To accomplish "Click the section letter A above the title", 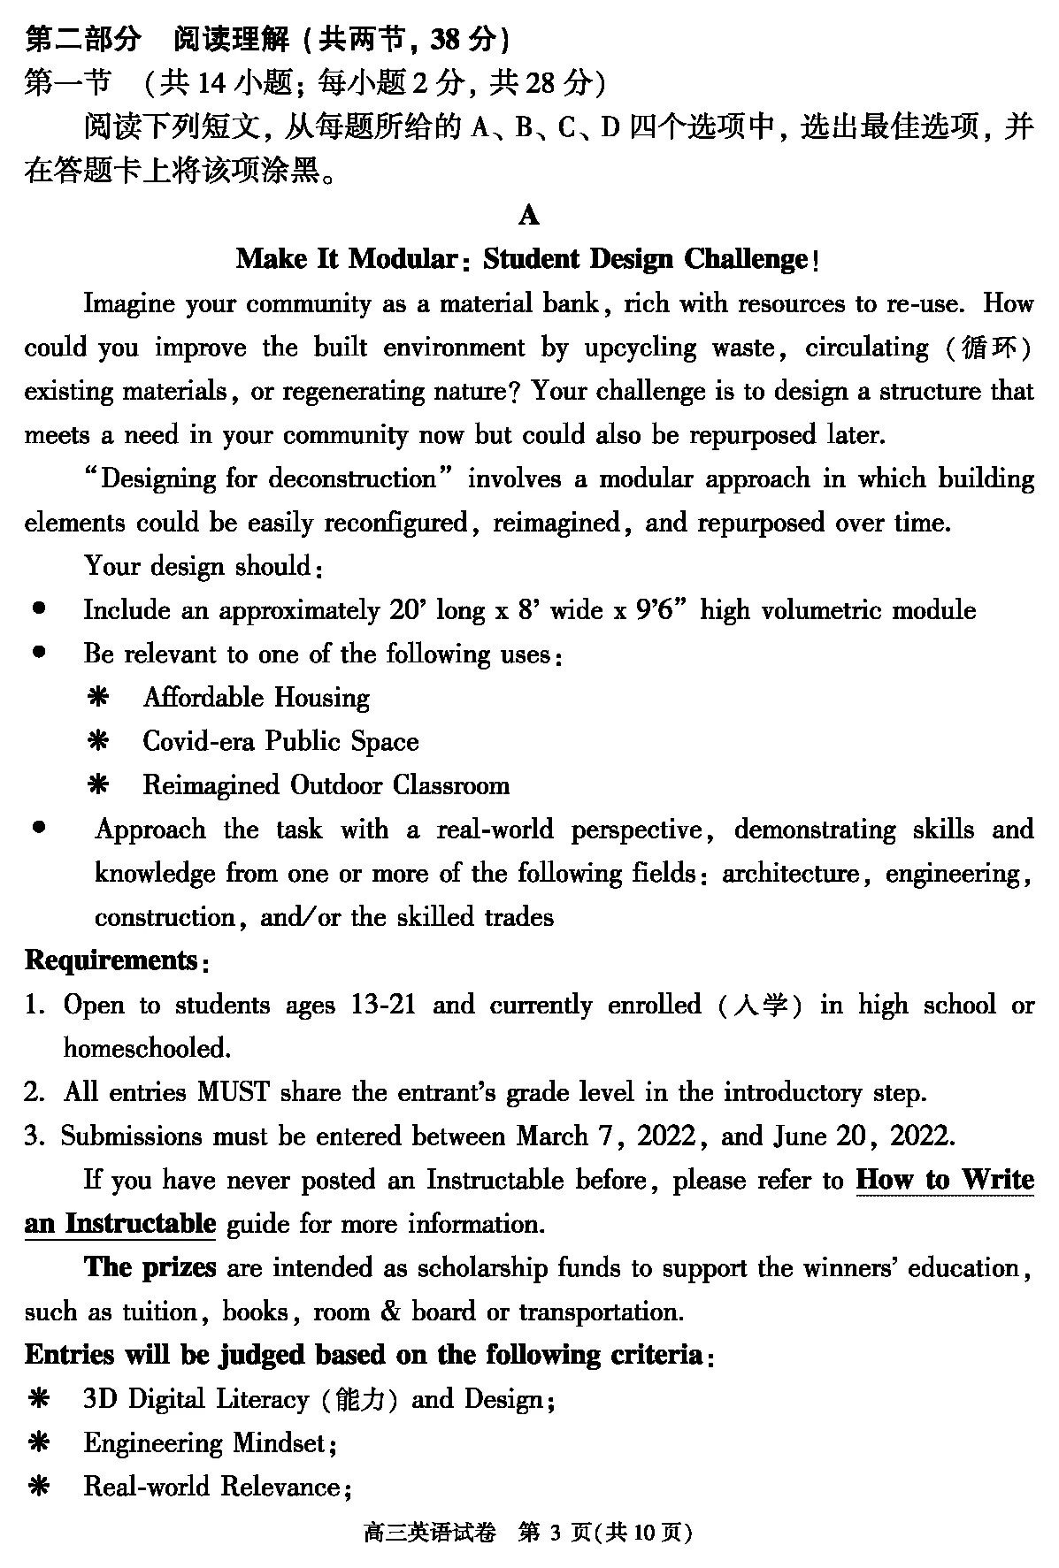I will click(529, 216).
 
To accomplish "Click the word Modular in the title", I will click(403, 259).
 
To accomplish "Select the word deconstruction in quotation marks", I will click(352, 479).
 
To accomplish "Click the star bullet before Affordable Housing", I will click(97, 698).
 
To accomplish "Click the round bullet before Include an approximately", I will click(39, 609).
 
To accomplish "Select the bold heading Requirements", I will click(111, 960).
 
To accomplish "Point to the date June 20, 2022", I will click(863, 1136).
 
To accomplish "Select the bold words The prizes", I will click(150, 1267).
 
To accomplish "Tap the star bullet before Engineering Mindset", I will click(39, 1443).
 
